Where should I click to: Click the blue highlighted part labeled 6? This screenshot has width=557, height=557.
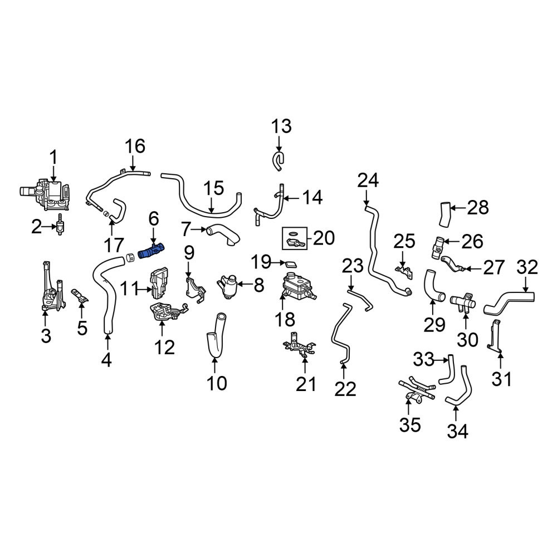pyautogui.click(x=152, y=251)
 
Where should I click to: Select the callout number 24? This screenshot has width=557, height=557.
pyautogui.click(x=368, y=180)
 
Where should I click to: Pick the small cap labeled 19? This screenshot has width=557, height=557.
pyautogui.click(x=291, y=263)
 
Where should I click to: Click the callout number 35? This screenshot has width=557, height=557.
pyautogui.click(x=411, y=424)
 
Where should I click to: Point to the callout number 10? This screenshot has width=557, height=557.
pyautogui.click(x=216, y=383)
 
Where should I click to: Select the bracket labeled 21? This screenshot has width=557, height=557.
pyautogui.click(x=300, y=345)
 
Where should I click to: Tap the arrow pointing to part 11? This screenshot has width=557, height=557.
pyautogui.click(x=144, y=290)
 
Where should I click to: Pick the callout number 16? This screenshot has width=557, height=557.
pyautogui.click(x=135, y=146)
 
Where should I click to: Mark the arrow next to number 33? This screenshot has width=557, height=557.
pyautogui.click(x=442, y=360)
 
